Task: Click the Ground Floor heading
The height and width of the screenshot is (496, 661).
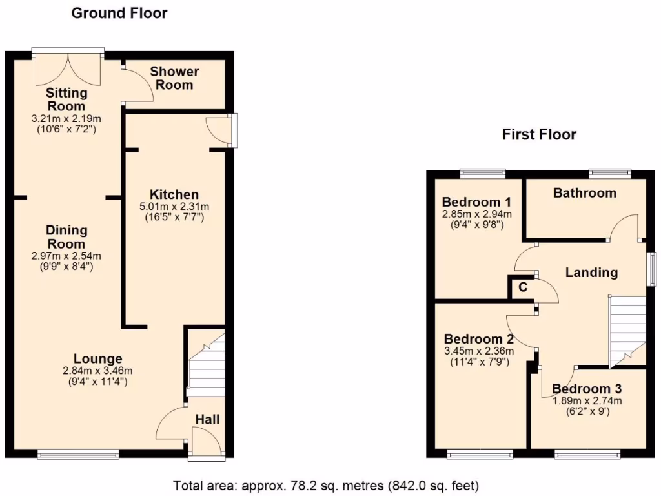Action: pos(119,13)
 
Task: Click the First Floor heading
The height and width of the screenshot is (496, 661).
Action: pos(539,135)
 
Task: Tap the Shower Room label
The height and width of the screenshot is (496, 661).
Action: pos(174,78)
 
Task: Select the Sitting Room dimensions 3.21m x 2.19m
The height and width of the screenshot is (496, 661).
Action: pos(66,119)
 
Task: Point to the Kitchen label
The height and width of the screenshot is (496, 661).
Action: pos(174,194)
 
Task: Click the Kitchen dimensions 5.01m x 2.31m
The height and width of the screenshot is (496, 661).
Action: pos(174,207)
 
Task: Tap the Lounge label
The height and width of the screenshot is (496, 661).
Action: pos(97,359)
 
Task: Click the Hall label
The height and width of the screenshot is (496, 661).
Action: pos(207,420)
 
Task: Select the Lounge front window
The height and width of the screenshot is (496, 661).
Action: pos(78,455)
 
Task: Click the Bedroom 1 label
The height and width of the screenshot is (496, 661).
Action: pos(472,201)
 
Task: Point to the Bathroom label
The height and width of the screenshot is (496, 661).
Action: pos(584,193)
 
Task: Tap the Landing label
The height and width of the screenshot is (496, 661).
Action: pos(591,273)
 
